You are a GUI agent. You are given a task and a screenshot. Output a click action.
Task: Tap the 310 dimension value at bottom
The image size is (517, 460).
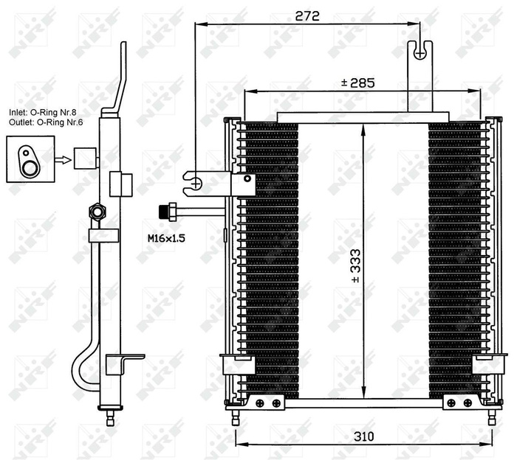coord(363,436)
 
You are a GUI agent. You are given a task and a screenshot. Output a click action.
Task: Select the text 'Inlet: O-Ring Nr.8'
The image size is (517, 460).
coord(43,112)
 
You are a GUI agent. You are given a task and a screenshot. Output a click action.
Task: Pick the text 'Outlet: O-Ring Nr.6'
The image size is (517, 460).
coord(45,123)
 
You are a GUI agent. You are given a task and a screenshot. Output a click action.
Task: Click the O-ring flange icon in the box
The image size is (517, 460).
coord(30,159)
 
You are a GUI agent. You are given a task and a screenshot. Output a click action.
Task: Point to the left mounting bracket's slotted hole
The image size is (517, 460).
coord(194,181)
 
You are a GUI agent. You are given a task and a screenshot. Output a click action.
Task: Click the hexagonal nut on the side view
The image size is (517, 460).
coord(95,212)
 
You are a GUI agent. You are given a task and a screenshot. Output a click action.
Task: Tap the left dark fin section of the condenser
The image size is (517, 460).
coord(270,258)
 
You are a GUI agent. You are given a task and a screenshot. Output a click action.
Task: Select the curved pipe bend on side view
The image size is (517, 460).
coord(79,372)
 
